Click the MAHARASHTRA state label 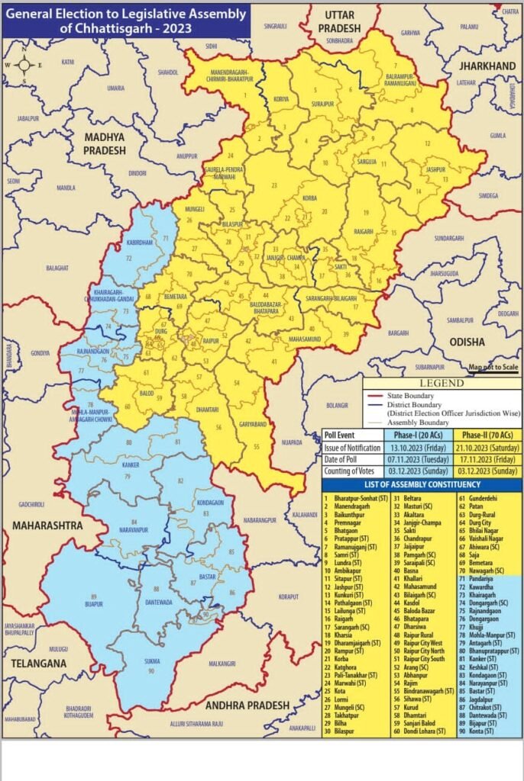click(x=47, y=525)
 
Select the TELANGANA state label click(x=35, y=664)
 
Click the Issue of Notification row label click(x=351, y=447)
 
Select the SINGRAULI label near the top click(x=274, y=27)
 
